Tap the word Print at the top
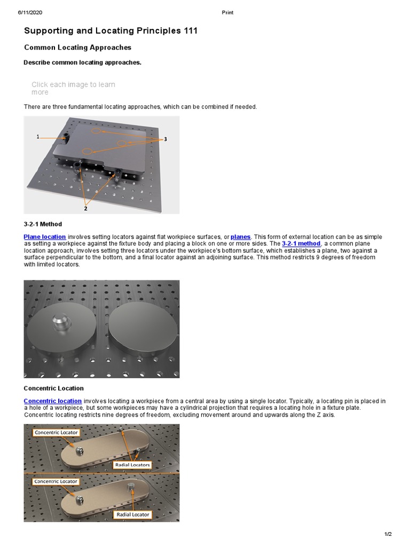[x=227, y=12]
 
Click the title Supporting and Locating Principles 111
[x=111, y=31]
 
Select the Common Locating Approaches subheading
[x=77, y=48]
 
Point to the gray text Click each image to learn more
[x=73, y=88]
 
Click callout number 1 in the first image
[x=38, y=137]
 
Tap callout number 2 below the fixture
[x=85, y=208]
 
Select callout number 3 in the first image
[x=165, y=139]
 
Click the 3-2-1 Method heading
[x=43, y=224]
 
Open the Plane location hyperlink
[x=45, y=237]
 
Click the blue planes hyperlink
[x=240, y=237]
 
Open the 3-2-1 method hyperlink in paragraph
[x=301, y=244]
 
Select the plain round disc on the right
[x=143, y=326]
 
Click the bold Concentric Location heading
[x=53, y=388]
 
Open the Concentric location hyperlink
[x=52, y=401]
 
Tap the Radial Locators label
[x=133, y=465]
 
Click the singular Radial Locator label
[x=133, y=515]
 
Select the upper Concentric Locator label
[x=56, y=432]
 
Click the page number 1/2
[x=388, y=534]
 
